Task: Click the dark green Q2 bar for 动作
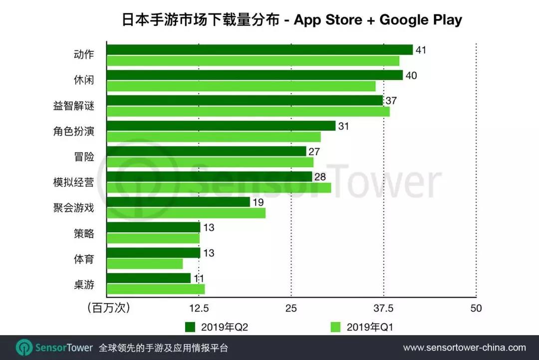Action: pyautogui.click(x=260, y=50)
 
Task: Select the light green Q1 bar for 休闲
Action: pyautogui.click(x=241, y=86)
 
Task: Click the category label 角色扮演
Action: pyautogui.click(x=74, y=132)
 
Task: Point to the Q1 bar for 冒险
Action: pyautogui.click(x=210, y=162)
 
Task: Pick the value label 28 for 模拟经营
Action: pyautogui.click(x=319, y=177)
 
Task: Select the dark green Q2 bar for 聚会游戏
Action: pyautogui.click(x=178, y=202)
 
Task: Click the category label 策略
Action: pyautogui.click(x=83, y=233)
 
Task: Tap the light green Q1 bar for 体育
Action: pyautogui.click(x=145, y=264)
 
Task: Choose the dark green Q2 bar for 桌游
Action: pyautogui.click(x=149, y=278)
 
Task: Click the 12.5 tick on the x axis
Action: pyautogui.click(x=199, y=308)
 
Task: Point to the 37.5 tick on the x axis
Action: pyautogui.click(x=383, y=308)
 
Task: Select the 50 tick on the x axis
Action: pyautogui.click(x=476, y=308)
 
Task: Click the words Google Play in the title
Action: pyautogui.click(x=421, y=20)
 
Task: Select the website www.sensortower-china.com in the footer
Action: pyautogui.click(x=464, y=348)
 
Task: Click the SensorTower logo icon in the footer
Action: pyautogui.click(x=23, y=348)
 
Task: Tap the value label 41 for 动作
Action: pyautogui.click(x=421, y=50)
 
